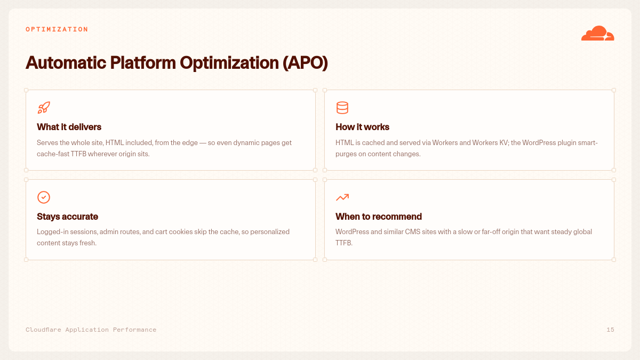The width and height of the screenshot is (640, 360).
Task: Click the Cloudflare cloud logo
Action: [x=597, y=33]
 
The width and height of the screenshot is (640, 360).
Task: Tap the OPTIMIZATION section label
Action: [x=57, y=29]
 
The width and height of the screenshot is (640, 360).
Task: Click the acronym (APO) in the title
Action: [x=305, y=62]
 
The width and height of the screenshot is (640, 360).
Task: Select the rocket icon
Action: [x=44, y=108]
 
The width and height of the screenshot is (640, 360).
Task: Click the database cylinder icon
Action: [x=342, y=108]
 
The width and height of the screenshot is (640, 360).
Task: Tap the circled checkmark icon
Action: [x=44, y=197]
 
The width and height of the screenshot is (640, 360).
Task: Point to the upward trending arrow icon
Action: [x=342, y=197]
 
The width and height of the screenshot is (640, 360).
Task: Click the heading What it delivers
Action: [x=69, y=127]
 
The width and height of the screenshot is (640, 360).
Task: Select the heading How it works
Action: [x=362, y=127]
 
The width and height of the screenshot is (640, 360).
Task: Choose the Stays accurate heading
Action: [x=67, y=217]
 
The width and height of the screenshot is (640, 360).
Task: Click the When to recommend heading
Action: [x=379, y=217]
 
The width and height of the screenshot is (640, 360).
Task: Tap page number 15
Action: [x=610, y=330]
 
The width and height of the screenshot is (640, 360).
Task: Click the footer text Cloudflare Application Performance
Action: [x=91, y=330]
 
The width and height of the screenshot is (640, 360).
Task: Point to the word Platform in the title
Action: [x=143, y=62]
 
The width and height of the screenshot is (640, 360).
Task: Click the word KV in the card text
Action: [x=503, y=142]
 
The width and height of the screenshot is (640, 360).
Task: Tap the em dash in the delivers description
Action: [x=203, y=143]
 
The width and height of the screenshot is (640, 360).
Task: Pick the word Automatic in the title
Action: [x=66, y=62]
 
